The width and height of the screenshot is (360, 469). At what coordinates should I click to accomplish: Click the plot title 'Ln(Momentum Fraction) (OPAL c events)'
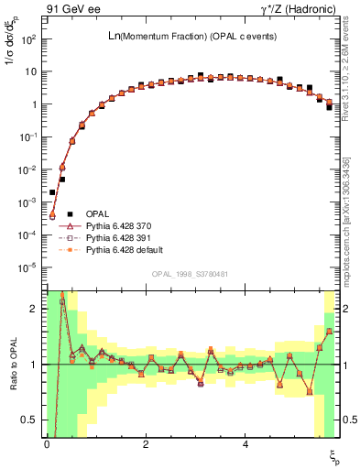coord(191,36)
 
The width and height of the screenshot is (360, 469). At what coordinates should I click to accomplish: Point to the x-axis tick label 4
coord(245,444)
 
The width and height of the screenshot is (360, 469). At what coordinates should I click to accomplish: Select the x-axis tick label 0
coord(47,444)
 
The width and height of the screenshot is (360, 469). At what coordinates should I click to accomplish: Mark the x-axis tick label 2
coord(146,444)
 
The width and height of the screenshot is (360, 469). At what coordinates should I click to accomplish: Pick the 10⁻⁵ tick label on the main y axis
coord(29,267)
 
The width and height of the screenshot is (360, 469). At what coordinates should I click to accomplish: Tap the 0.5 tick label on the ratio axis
coord(32,420)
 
